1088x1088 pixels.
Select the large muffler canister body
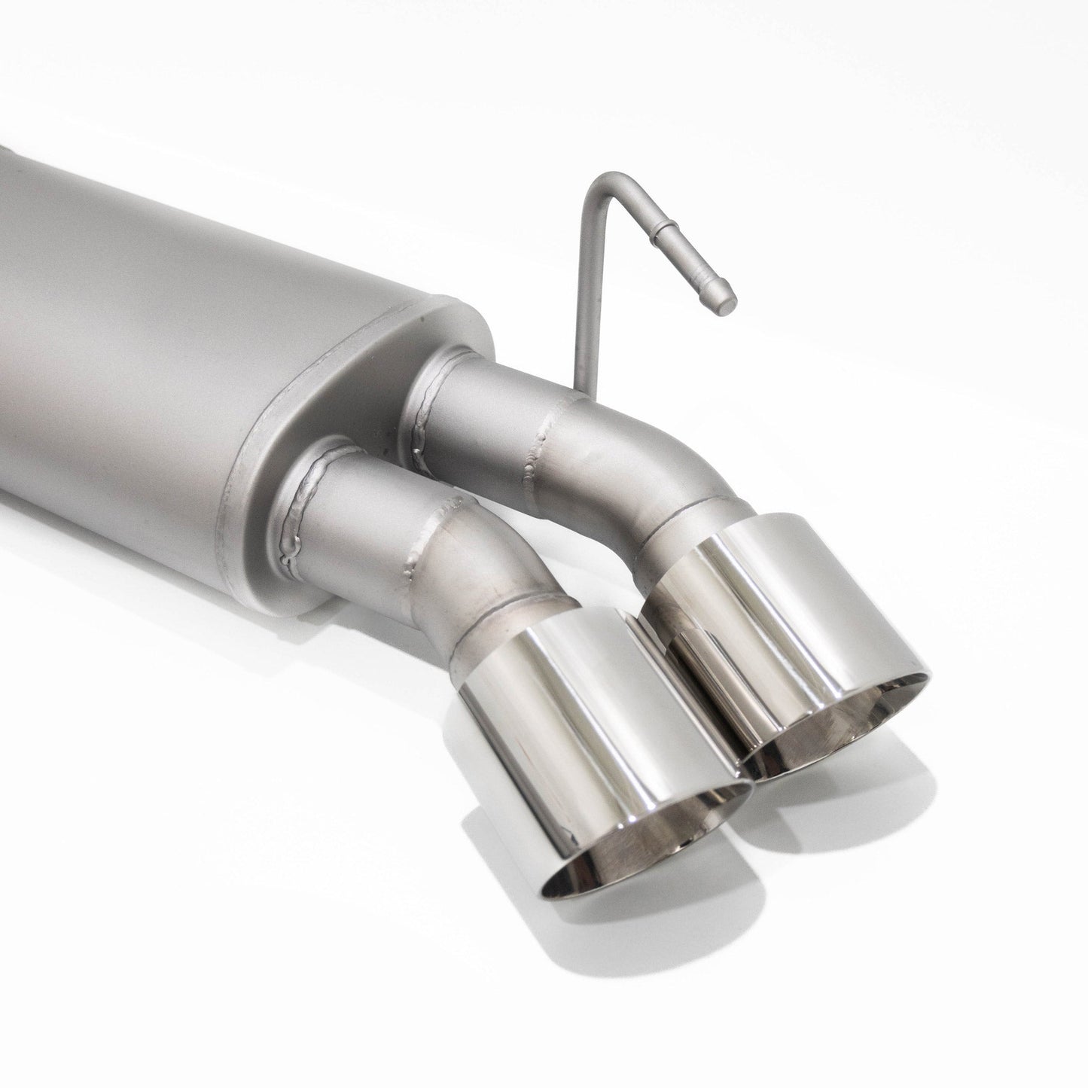tap(188, 301)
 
